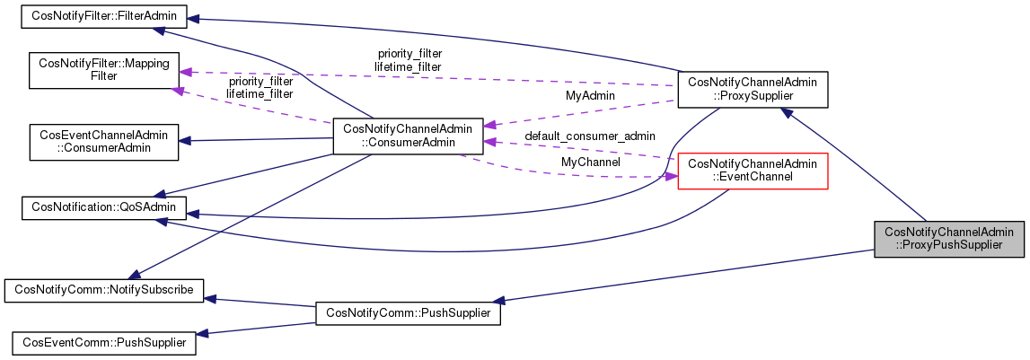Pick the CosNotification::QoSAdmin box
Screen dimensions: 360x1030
[104, 208]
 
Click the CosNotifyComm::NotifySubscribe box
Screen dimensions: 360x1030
[104, 290]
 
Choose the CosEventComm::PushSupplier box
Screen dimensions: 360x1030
[104, 341]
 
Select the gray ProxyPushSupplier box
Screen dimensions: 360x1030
[949, 238]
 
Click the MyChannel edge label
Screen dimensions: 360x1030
[590, 162]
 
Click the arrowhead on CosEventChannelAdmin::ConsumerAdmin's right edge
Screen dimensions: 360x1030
[184, 140]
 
